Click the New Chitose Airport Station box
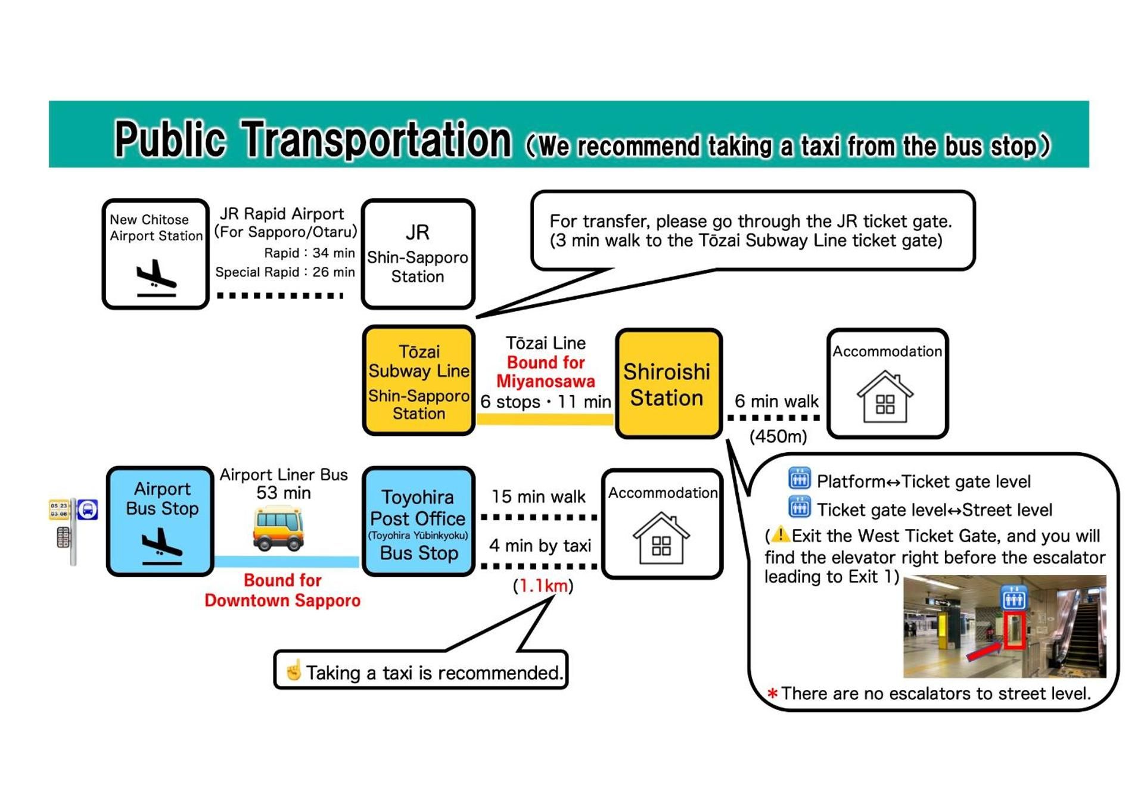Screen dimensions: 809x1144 [156, 254]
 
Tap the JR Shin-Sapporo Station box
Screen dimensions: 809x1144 [418, 254]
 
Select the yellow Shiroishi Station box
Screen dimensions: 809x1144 [668, 384]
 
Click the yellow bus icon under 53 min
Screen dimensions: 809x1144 [278, 528]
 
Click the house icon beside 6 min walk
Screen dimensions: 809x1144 [885, 397]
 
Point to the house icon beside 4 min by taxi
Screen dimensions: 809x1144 [661, 538]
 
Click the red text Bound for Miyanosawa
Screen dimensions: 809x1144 [545, 372]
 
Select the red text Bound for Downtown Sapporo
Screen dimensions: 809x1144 [282, 590]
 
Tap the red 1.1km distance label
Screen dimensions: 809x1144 [543, 586]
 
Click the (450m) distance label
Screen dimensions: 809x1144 [778, 437]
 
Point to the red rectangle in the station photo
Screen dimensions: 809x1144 [1014, 630]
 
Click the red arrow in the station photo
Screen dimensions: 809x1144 [983, 651]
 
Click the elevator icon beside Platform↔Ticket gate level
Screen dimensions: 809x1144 [799, 478]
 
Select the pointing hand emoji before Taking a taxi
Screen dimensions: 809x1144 [293, 671]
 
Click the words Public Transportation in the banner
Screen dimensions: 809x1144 [313, 139]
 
